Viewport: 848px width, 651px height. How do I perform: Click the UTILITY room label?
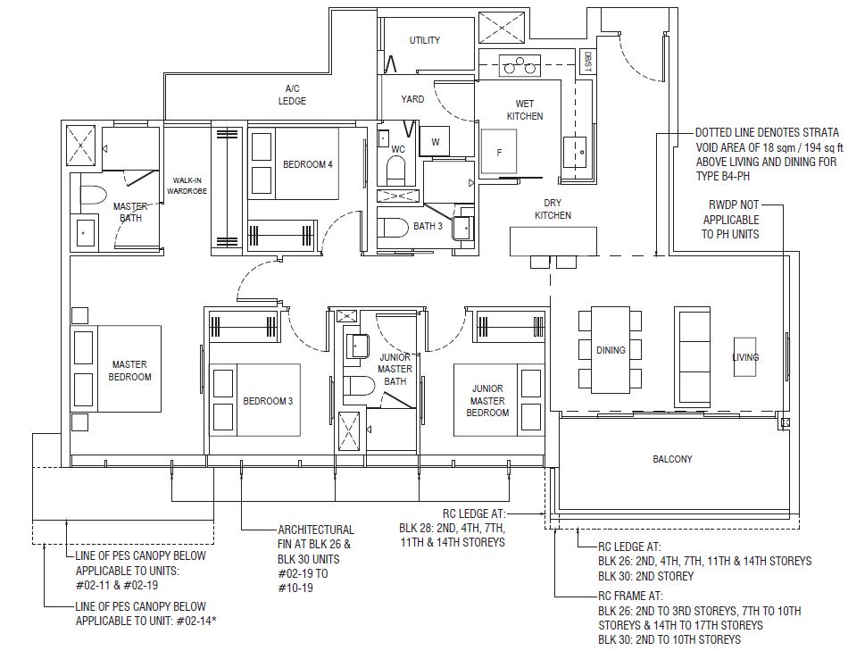tap(425, 40)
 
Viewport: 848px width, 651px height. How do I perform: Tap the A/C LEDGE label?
tap(292, 95)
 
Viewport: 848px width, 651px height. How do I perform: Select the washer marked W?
tap(436, 142)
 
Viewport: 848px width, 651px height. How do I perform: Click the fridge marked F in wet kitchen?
tap(499, 152)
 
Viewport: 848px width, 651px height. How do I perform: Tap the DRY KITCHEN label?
tap(553, 209)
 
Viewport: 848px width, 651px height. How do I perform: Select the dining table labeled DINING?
tap(611, 350)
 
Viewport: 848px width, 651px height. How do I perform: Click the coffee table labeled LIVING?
tap(745, 357)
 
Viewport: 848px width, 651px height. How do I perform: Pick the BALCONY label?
tap(672, 459)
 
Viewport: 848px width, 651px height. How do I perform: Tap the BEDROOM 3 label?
tap(268, 401)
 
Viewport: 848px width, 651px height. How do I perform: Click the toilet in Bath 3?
tap(393, 228)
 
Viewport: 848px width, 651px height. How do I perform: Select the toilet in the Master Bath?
tap(94, 196)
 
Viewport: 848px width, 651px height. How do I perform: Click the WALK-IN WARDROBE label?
tap(187, 186)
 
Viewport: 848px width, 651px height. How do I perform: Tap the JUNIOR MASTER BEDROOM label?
tap(487, 400)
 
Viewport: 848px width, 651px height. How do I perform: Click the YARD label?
tap(412, 99)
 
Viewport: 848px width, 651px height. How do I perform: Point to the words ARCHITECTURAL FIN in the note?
tap(316, 537)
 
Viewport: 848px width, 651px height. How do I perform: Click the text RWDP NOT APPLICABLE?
tap(731, 213)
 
